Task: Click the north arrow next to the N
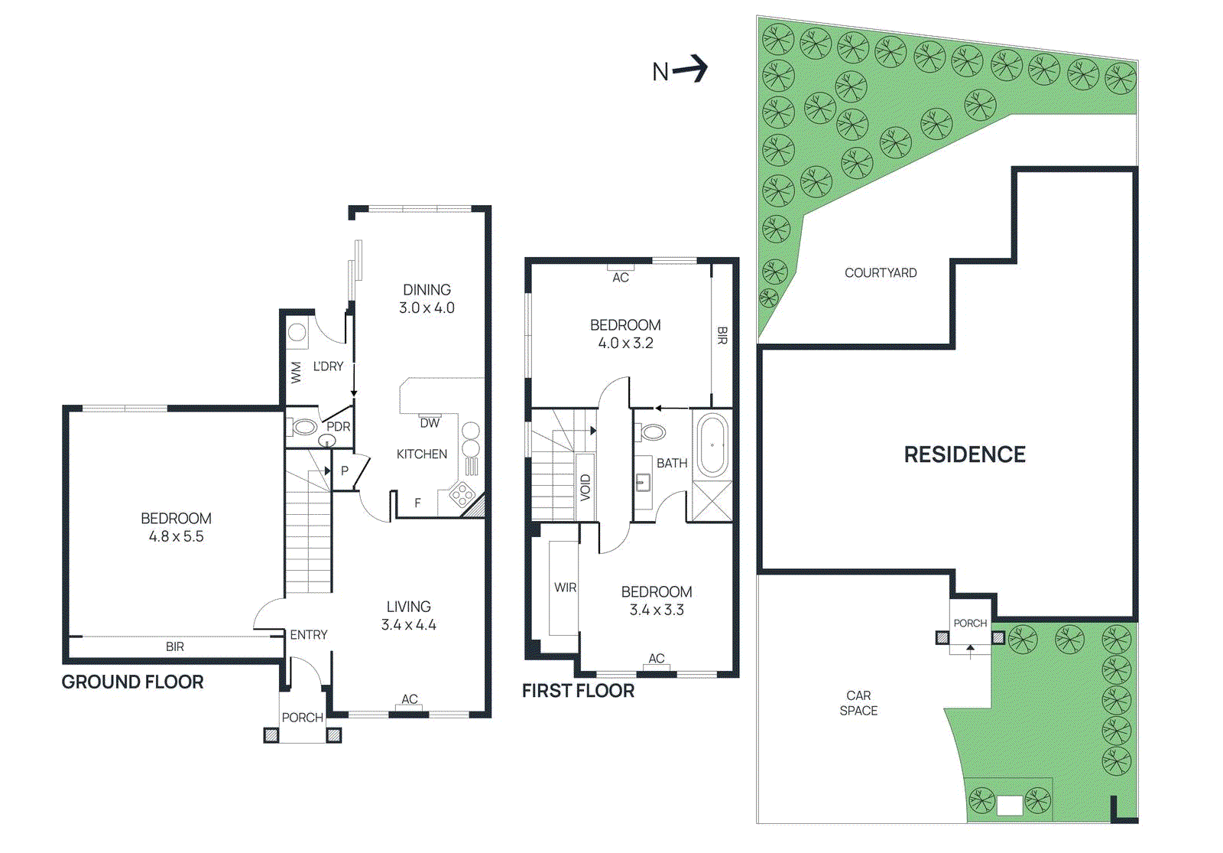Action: [x=692, y=69]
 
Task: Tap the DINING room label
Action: [x=427, y=290]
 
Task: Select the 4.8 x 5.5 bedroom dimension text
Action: [x=176, y=537]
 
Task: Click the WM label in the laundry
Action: [x=297, y=373]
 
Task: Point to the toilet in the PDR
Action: [x=304, y=427]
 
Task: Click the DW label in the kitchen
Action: [x=430, y=423]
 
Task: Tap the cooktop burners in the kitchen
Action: [x=462, y=494]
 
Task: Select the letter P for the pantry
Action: [x=345, y=470]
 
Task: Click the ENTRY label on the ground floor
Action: [x=308, y=635]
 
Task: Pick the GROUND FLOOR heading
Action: [x=132, y=682]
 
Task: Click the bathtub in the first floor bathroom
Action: [x=712, y=445]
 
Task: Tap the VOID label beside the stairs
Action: [x=586, y=487]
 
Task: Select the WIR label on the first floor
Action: [x=565, y=588]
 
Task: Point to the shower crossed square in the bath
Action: [x=712, y=502]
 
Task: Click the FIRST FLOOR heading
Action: [x=578, y=691]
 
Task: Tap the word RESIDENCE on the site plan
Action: [x=965, y=454]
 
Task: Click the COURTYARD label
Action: [x=881, y=273]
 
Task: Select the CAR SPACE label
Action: [x=858, y=703]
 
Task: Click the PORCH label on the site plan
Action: [x=970, y=623]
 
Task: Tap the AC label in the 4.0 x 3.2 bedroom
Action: [x=621, y=278]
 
